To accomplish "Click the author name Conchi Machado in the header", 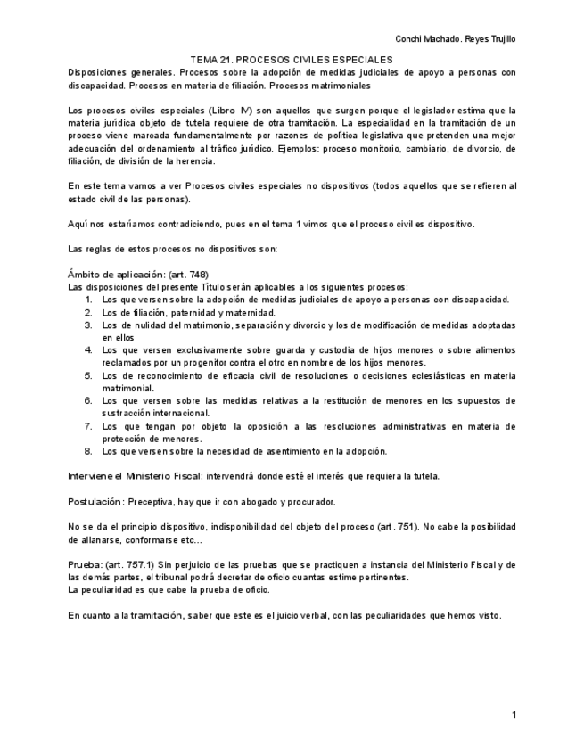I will coord(424,38).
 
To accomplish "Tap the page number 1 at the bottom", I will coord(514,715).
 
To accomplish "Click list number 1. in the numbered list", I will coord(89,300).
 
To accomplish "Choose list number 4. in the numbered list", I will coord(89,350).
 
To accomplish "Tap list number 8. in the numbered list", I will coord(89,451).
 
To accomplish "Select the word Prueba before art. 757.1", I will coord(83,565).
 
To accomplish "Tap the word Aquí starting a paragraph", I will coord(78,224).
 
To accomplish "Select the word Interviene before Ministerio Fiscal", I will coord(89,476).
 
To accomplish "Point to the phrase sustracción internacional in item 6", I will coord(155,414).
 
